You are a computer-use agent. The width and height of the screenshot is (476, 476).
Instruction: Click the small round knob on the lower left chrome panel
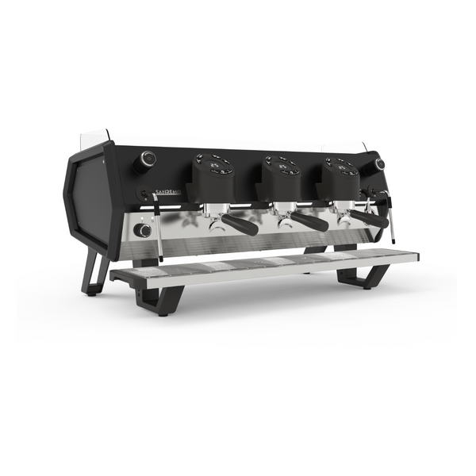[x=143, y=230]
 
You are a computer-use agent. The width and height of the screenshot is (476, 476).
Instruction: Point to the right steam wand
[x=390, y=214]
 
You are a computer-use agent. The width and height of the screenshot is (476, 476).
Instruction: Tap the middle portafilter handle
[x=308, y=221]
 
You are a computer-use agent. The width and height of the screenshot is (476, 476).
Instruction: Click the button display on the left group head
[x=215, y=165]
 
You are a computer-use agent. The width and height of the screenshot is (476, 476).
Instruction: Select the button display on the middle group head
[x=283, y=165]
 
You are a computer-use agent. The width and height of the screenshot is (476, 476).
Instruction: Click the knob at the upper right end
[x=380, y=164]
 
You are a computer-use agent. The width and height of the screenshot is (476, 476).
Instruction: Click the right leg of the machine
[x=361, y=278]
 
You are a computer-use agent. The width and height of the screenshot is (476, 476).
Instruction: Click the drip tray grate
[x=262, y=265]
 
